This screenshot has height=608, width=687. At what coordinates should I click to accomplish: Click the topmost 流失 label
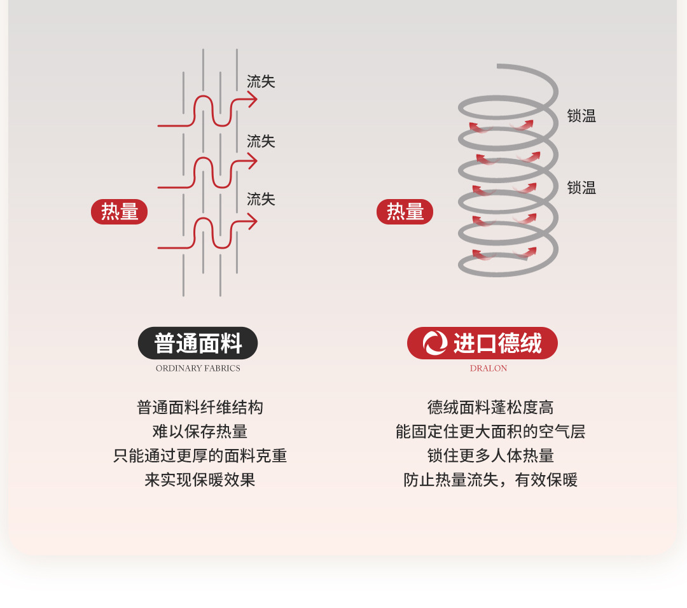tap(261, 81)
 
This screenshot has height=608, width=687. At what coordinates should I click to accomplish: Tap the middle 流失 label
tap(261, 141)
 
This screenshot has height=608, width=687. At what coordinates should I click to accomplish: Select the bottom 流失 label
tap(261, 199)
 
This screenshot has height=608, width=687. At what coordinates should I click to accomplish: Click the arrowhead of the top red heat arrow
tap(253, 99)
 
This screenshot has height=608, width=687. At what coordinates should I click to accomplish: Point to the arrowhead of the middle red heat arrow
tap(253, 161)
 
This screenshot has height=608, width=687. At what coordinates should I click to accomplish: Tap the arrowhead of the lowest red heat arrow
tap(253, 222)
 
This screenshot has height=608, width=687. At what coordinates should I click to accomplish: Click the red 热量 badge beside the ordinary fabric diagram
tap(119, 212)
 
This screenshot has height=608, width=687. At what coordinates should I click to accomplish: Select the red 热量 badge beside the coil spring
tap(405, 212)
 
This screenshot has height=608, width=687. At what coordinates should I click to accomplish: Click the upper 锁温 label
tap(581, 116)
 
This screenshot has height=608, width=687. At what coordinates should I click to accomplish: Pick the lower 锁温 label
tap(581, 188)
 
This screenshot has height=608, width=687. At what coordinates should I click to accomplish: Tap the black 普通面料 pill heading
tap(198, 343)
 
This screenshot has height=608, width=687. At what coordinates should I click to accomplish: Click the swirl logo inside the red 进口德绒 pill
tap(435, 343)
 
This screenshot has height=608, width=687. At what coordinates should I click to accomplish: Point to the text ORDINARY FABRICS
tap(198, 368)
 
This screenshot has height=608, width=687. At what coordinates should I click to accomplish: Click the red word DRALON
tap(489, 368)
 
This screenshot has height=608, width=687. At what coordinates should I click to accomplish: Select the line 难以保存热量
tap(200, 431)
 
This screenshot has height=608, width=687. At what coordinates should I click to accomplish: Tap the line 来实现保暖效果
tap(200, 480)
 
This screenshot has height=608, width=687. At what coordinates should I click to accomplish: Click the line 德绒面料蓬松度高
tap(490, 408)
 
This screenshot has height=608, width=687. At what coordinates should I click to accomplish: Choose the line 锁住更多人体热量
tap(490, 455)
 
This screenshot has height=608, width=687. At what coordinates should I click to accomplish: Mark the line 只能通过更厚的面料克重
tap(200, 455)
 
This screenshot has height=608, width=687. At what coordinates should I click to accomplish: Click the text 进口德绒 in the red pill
tap(497, 343)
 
